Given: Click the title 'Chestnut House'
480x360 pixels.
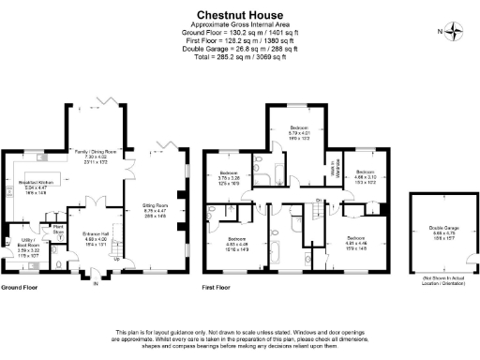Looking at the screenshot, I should click(x=240, y=13).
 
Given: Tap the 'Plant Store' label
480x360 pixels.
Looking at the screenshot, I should click(x=57, y=229).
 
